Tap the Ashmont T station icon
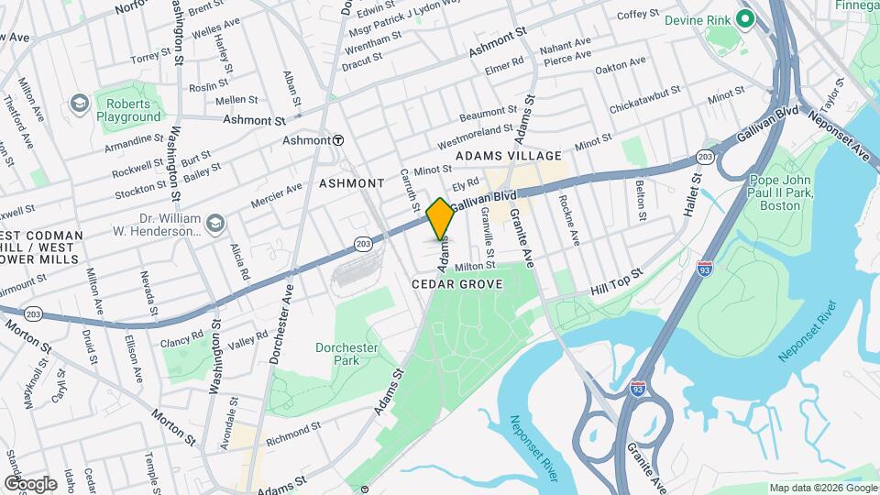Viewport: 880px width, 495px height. coord(338,140)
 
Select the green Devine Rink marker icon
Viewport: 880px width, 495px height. coord(746,18)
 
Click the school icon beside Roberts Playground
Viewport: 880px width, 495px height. coord(80,102)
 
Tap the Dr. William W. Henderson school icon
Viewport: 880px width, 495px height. coord(214,222)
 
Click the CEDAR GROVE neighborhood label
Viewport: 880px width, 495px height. coord(456,285)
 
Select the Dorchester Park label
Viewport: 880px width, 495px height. coord(346,355)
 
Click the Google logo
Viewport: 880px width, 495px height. coord(30,483)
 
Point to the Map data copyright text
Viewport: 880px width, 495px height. coord(822,488)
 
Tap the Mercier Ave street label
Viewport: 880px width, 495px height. coord(276,194)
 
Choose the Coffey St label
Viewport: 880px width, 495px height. coord(638,16)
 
